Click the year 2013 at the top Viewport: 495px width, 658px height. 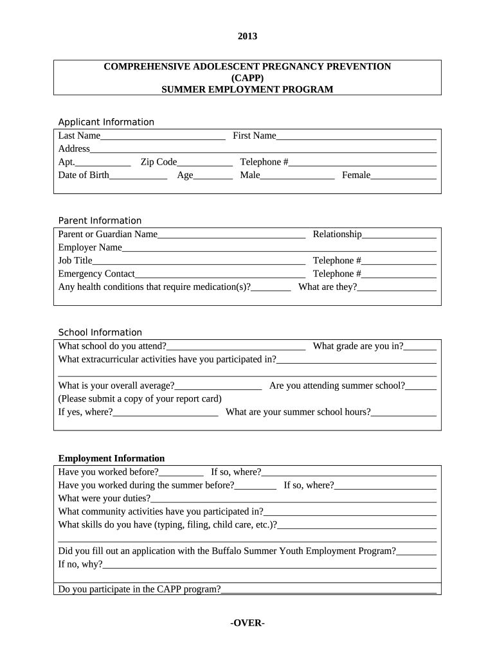pos(248,36)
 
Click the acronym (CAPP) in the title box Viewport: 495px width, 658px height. pos(248,78)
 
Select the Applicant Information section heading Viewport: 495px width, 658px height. pos(106,122)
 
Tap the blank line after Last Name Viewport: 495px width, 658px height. pos(163,137)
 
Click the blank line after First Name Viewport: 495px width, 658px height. pos(356,137)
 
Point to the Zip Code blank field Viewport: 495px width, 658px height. pos(204,163)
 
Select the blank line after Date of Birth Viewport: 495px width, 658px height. pos(138,176)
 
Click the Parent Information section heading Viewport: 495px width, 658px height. pos(100,220)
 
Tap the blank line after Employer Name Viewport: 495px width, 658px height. pos(279,249)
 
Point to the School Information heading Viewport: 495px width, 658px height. pos(100,332)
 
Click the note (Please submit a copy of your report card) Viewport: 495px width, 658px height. pos(139,398)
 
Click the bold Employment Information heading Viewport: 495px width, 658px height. pos(111,458)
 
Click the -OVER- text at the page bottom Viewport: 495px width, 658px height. pos(248,623)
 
